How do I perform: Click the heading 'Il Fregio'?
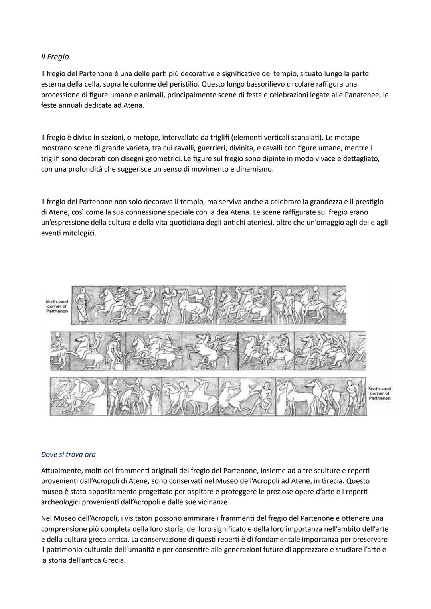pyautogui.click(x=55, y=57)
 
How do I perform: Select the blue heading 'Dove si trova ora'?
pyautogui.click(x=68, y=454)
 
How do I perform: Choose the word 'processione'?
pyautogui.click(x=60, y=95)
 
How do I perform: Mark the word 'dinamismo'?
pyautogui.click(x=254, y=169)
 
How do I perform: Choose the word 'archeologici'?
pyautogui.click(x=61, y=502)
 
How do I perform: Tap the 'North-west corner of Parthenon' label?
pyautogui.click(x=57, y=306)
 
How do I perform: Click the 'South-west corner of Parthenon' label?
pyautogui.click(x=379, y=393)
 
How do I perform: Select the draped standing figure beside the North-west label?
pyautogui.click(x=83, y=305)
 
